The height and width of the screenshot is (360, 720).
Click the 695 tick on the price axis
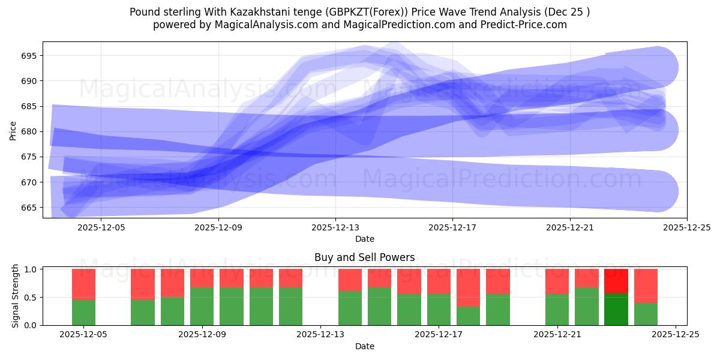coord(29,56)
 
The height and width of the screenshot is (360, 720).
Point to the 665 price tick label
coord(29,208)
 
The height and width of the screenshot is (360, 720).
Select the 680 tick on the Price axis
coord(29,131)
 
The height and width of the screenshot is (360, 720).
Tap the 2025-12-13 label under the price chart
coord(335,228)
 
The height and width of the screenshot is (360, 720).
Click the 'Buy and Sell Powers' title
coord(364,257)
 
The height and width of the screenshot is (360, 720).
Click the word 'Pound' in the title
coord(144,12)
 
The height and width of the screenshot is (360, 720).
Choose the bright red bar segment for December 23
coord(616,281)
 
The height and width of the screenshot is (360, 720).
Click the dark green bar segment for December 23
coord(616,309)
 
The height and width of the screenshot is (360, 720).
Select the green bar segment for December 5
coord(83,312)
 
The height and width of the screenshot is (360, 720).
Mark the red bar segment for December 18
coord(468,287)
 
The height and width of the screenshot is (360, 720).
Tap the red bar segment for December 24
coord(646,286)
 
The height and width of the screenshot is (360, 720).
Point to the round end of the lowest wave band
coord(658,191)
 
